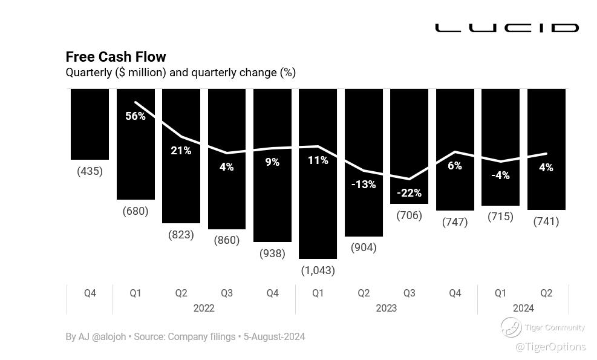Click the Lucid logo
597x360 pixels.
coord(506,28)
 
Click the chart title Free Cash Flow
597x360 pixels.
coord(116,57)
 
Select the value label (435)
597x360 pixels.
coord(90,171)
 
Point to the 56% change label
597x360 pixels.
coord(135,116)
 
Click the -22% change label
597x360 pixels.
coord(409,193)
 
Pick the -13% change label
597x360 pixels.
coord(364,184)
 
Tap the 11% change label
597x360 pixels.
coord(318,160)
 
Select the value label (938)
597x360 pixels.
coord(272,254)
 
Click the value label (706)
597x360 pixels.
coord(409,215)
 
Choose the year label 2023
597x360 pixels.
coord(387,308)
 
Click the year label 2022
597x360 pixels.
coord(204,308)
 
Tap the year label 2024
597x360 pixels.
coord(523,308)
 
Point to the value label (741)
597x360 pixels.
coord(546,221)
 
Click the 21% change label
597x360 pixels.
coord(181,151)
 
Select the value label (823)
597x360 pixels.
coord(181,235)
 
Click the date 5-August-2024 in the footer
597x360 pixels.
coord(274,336)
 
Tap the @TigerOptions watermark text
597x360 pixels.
coord(550,347)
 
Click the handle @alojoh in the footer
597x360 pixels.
coord(109,336)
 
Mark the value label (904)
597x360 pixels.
coord(364,247)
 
